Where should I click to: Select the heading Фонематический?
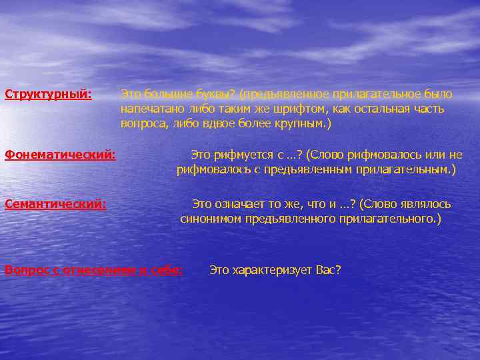[x=60, y=155]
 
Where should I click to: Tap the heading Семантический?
[x=55, y=204]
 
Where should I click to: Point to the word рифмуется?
[x=245, y=155]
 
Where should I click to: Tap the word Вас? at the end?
[x=328, y=270]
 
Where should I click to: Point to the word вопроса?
[x=143, y=123]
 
